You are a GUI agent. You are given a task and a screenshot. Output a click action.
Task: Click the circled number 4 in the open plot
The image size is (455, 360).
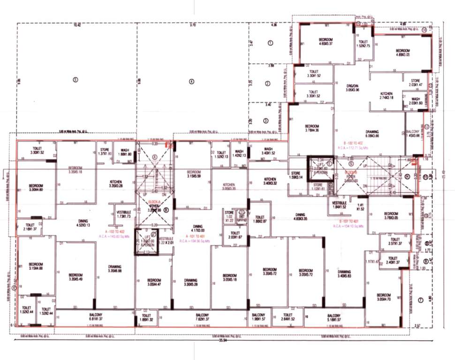click(191, 81)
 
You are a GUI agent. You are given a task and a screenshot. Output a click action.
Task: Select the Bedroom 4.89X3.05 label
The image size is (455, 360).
click(403, 52)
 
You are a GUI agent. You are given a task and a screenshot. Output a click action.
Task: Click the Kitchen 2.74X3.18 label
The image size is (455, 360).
click(389, 96)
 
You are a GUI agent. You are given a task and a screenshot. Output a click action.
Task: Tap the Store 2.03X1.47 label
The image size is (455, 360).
click(416, 82)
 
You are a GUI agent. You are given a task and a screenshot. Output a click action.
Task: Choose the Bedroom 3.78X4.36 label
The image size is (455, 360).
click(312, 128)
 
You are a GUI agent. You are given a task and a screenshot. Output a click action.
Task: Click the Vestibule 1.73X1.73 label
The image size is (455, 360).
click(124, 214)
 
